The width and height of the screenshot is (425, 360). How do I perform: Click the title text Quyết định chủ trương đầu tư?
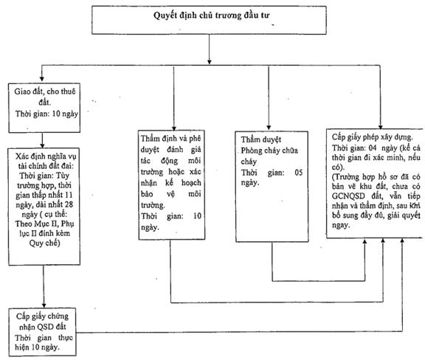point(212,15)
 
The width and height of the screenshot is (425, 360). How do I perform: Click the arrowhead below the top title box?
point(209,62)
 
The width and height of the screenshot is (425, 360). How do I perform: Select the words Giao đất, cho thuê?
point(45,91)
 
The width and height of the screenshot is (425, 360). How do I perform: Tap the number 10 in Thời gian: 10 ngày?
point(56,114)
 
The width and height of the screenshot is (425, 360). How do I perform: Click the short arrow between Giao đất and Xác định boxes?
point(42,140)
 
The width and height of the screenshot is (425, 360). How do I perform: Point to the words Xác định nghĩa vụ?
point(46,156)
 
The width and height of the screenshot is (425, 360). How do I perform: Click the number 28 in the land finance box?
point(69,204)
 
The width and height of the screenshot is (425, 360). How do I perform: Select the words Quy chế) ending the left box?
point(44,243)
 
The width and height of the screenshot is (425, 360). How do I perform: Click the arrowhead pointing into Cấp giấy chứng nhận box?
point(44,305)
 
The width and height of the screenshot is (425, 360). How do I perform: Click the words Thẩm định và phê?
point(170,138)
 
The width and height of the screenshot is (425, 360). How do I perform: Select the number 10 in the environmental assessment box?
point(197,216)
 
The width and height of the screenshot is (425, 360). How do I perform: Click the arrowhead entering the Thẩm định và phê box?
point(174,128)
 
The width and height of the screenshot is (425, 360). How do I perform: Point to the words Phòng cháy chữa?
point(269,150)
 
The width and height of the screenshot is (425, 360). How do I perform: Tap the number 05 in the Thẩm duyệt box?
point(298,173)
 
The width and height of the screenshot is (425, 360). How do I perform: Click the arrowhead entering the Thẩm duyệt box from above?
point(269,127)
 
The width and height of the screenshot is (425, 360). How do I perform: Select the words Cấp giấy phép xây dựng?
point(373,137)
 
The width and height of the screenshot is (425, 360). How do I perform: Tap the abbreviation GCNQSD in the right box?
point(348,196)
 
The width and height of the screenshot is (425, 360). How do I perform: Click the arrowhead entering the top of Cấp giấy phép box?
point(380,127)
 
